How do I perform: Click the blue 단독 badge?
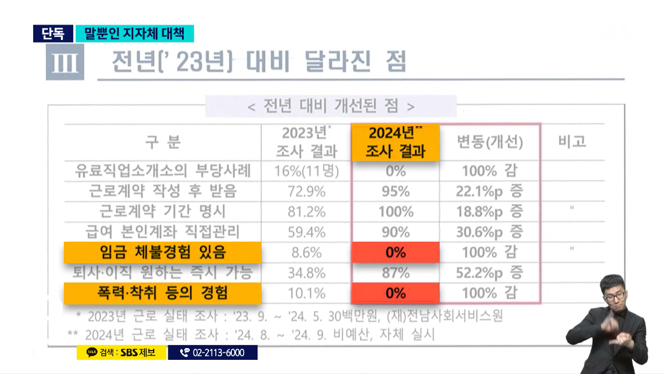click(x=53, y=33)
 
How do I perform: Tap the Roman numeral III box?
click(x=65, y=62)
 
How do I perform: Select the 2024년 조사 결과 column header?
click(x=396, y=142)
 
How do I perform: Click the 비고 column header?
click(x=572, y=141)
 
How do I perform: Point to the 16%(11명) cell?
click(x=306, y=170)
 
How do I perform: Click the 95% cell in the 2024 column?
click(x=396, y=191)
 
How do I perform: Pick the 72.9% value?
click(x=306, y=191)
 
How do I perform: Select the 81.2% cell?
click(x=306, y=212)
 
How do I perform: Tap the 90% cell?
click(x=396, y=232)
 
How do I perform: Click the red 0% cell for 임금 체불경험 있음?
click(x=396, y=252)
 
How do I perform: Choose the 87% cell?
click(x=396, y=273)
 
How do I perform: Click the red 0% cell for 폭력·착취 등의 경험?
click(x=396, y=293)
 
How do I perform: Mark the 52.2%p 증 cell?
click(x=489, y=273)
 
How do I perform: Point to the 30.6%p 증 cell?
click(x=489, y=232)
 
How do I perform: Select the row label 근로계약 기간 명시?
click(x=162, y=212)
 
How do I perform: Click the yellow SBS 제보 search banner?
click(x=121, y=352)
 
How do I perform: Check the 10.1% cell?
click(x=306, y=293)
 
